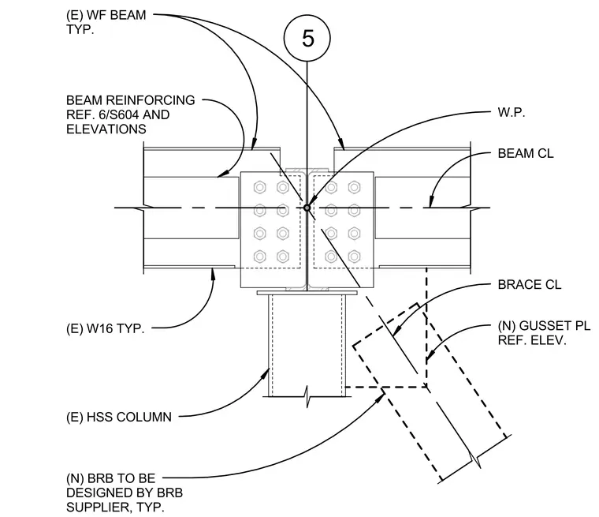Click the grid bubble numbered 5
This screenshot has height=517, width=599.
point(307,38)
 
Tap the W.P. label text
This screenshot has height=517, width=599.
point(512,113)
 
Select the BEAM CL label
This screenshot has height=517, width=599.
point(525,153)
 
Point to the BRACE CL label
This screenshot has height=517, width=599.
point(529,285)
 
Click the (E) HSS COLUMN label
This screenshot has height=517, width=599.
point(119,417)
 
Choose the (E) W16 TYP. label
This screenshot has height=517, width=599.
point(106,328)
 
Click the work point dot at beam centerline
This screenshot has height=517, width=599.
point(307,208)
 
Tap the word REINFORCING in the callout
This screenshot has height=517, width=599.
point(150,100)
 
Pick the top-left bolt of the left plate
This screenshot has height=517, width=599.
point(260,187)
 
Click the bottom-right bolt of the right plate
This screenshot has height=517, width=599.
point(354,256)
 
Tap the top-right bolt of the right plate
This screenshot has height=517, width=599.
point(354,187)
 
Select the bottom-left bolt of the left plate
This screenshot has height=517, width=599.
point(260,256)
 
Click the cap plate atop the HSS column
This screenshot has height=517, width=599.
point(307,293)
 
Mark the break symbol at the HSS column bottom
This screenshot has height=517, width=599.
point(307,397)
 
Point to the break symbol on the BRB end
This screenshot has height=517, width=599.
point(474,458)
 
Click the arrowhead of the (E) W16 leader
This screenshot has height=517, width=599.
point(214,274)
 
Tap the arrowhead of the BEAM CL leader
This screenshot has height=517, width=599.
point(431,202)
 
